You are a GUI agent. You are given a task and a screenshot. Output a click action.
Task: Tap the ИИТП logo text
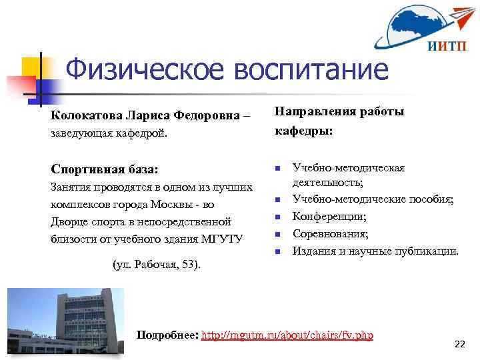(x=442, y=46)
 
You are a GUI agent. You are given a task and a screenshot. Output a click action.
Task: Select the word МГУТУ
(x=223, y=239)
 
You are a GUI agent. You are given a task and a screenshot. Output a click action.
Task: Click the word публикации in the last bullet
(x=424, y=251)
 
